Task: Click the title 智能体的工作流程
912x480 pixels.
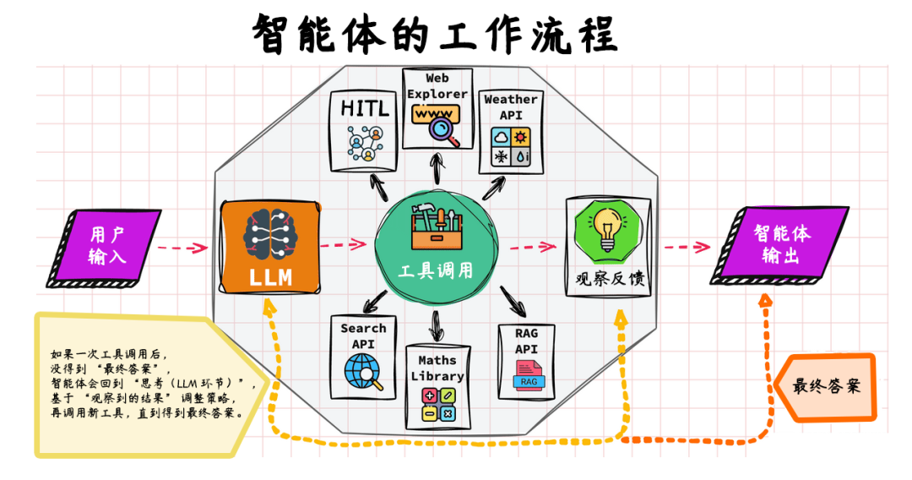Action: point(436,35)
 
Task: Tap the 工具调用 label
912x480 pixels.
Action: point(436,270)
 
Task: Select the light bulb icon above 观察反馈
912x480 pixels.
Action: point(606,230)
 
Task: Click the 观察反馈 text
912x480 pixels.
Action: point(605,278)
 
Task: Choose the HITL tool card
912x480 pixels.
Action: point(365,132)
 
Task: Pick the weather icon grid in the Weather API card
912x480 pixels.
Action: point(511,147)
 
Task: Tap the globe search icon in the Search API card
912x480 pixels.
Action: point(364,370)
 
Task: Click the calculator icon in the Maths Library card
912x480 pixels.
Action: point(437,404)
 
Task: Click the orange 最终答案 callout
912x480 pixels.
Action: point(827,387)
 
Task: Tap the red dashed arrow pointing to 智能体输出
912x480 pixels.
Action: point(685,247)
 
